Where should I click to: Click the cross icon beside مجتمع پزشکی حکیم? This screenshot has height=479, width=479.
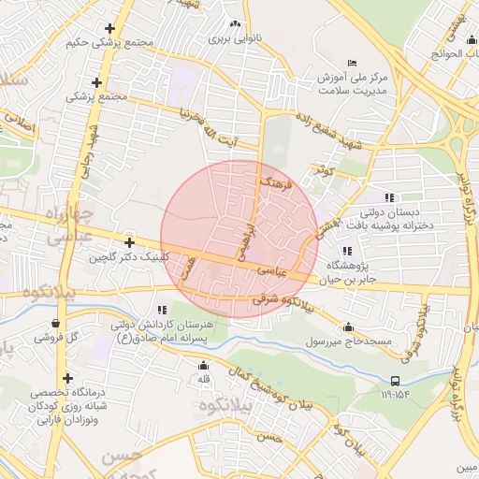tap(111, 29)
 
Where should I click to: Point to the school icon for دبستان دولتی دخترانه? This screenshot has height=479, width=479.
tap(389, 197)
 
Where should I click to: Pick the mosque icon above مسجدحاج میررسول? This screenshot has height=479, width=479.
tap(349, 327)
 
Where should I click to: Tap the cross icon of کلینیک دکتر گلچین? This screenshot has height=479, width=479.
tap(129, 242)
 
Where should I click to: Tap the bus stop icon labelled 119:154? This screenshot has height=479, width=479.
tap(395, 381)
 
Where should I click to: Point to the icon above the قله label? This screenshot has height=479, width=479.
tap(203, 366)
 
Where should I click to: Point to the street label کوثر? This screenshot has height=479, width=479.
tap(324, 171)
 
